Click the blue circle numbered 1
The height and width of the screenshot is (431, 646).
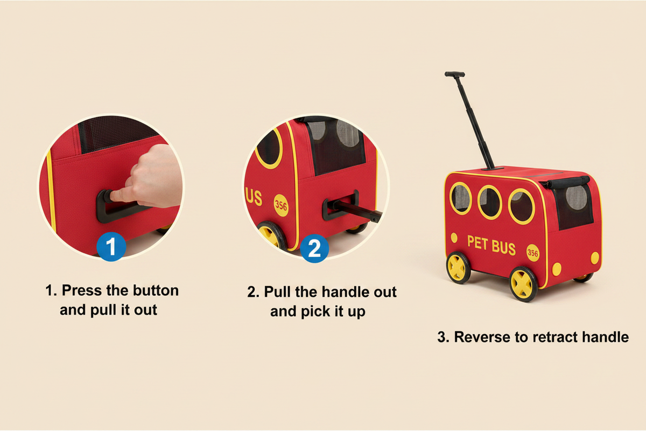click(x=111, y=247)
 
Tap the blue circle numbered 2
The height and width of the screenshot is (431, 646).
click(x=314, y=248)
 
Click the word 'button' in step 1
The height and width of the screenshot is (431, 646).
click(x=156, y=290)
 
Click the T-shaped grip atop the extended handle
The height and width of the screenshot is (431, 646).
click(x=454, y=74)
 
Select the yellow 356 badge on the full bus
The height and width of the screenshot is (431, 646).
click(x=532, y=253)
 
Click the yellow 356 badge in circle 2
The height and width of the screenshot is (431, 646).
click(x=281, y=206)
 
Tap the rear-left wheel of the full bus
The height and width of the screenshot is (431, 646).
click(x=458, y=268)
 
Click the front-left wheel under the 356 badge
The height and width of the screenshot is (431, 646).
click(x=523, y=284)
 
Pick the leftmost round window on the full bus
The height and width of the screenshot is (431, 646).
click(x=461, y=199)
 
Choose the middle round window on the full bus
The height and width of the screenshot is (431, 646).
click(x=490, y=203)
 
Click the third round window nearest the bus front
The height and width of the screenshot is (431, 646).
click(x=522, y=207)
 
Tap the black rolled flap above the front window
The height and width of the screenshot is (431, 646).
click(x=568, y=182)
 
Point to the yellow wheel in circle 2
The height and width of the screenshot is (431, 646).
click(x=272, y=235)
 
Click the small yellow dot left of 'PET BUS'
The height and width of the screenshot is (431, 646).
click(x=454, y=238)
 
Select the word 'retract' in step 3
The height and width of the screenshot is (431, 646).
click(x=555, y=337)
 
